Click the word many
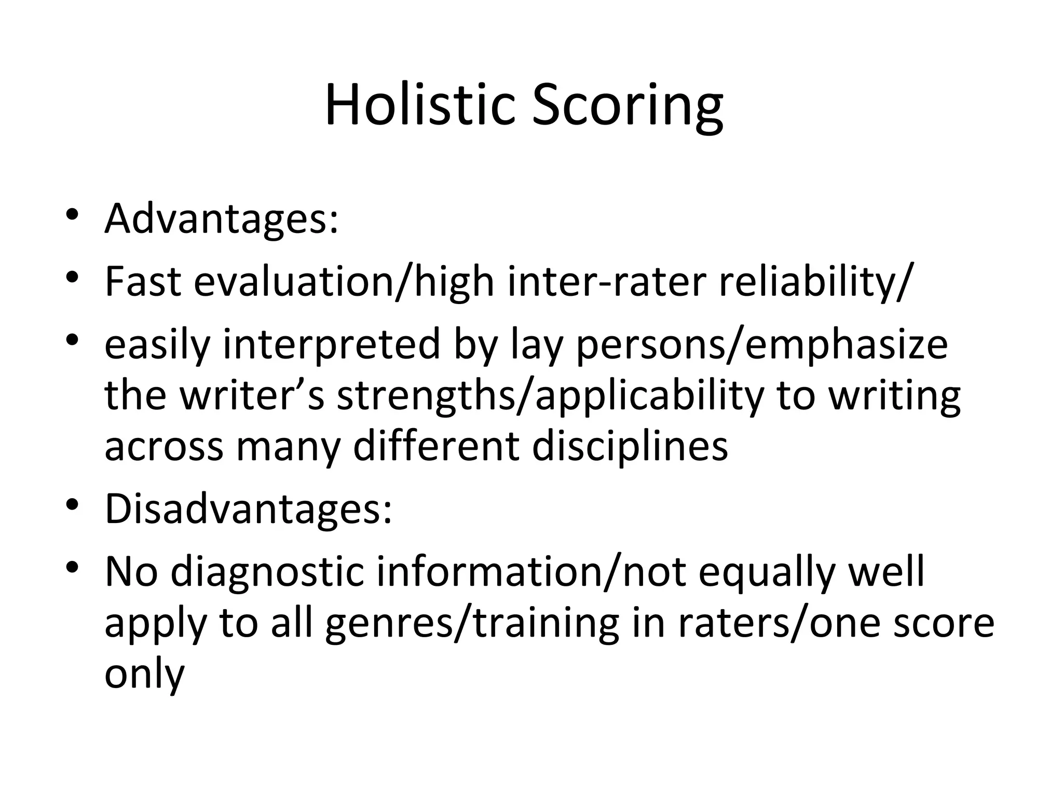(288, 446)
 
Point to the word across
(163, 446)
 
